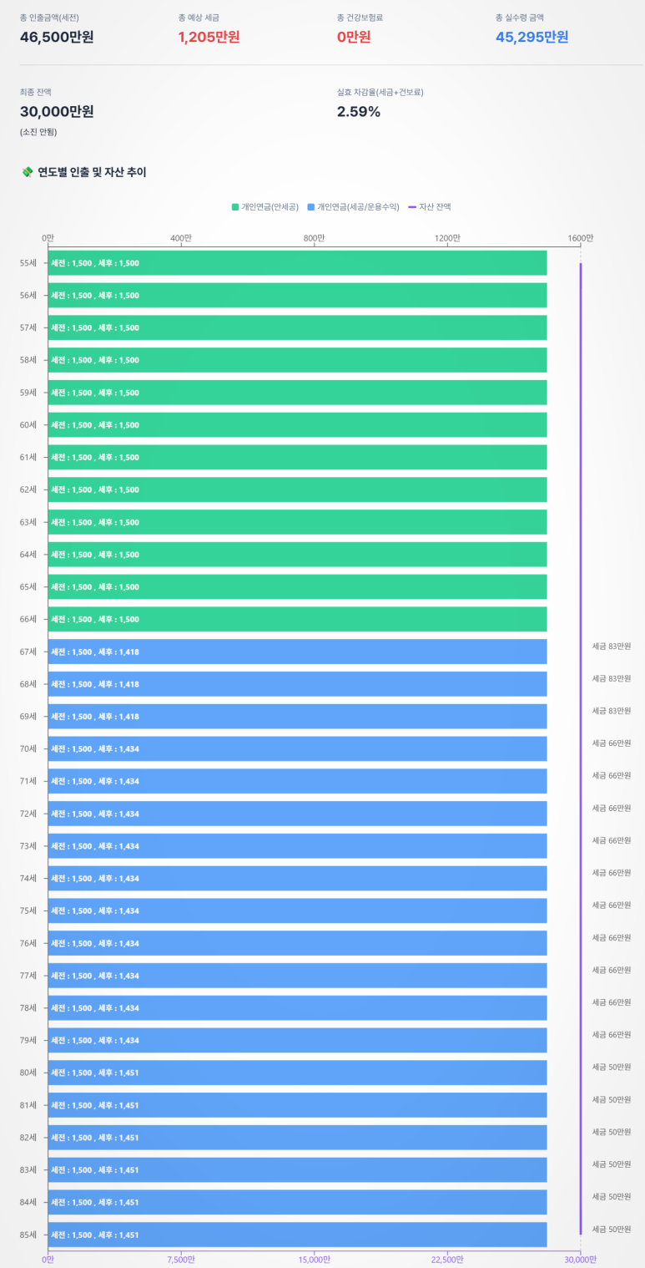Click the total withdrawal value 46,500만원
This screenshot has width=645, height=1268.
[57, 37]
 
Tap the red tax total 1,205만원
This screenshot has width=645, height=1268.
[209, 37]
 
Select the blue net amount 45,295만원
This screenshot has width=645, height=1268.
[532, 37]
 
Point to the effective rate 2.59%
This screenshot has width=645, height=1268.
[359, 112]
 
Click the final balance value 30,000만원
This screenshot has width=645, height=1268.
[57, 112]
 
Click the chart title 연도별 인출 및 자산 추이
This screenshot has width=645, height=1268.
[92, 173]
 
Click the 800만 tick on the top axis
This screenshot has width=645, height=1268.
[314, 238]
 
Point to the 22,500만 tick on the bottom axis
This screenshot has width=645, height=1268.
[447, 1260]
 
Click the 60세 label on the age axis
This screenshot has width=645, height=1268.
[28, 425]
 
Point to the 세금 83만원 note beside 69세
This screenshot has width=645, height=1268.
[612, 711]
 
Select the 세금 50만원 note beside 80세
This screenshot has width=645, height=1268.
[612, 1067]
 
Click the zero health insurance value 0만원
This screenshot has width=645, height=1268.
[354, 37]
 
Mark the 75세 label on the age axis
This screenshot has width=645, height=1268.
[28, 910]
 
